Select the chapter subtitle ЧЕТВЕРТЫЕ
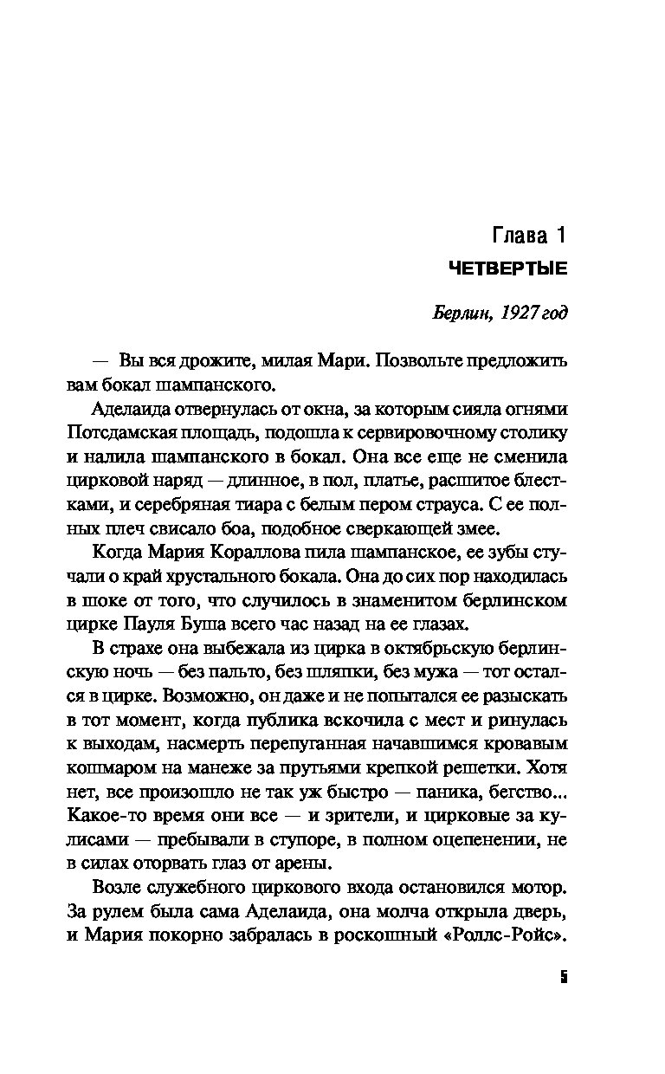[507, 270]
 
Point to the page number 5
[563, 979]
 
